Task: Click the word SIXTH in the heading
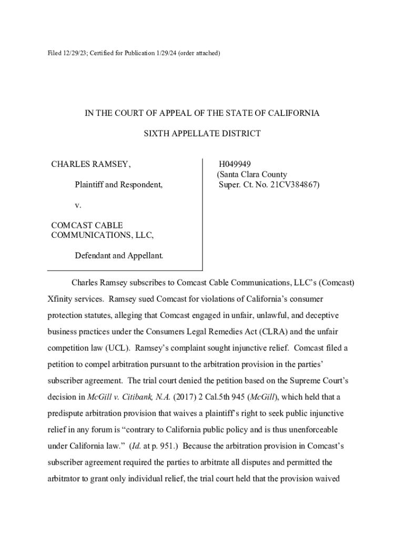tap(157, 134)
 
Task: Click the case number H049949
tap(235, 164)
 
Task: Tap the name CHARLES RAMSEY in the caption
tap(90, 164)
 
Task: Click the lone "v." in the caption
tap(78, 205)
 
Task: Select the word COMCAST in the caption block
tap(71, 225)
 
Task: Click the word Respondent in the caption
tap(141, 185)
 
